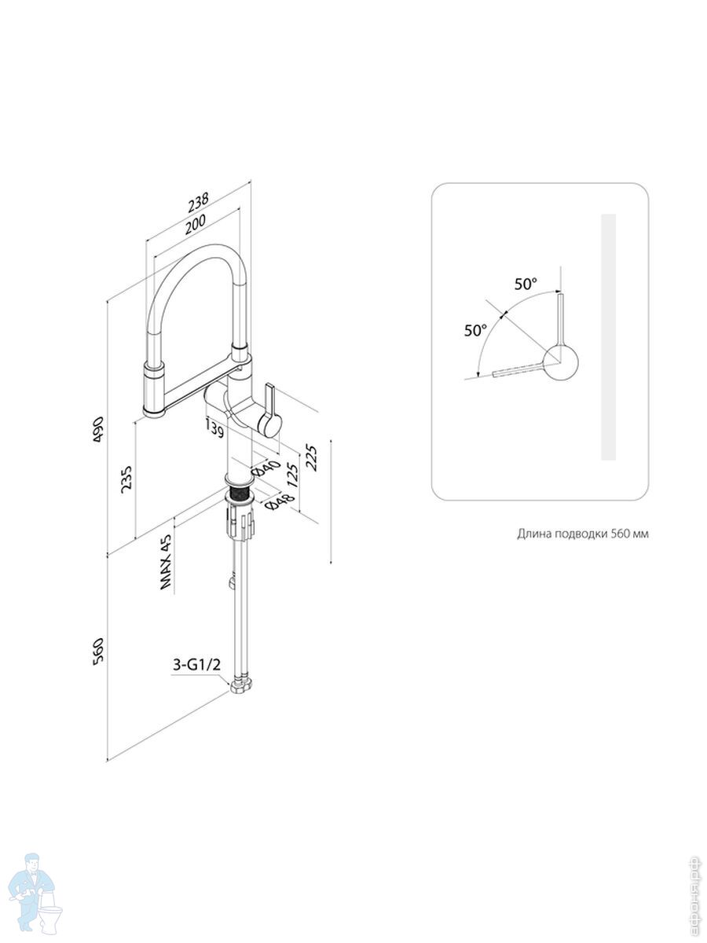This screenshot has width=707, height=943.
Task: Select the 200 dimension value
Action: pos(196,223)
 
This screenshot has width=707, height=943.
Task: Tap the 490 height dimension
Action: pos(98,429)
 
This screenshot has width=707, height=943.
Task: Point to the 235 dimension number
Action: pos(126,479)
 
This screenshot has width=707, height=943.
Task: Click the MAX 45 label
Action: pos(165,562)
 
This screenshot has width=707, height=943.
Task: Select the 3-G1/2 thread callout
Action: pos(196,665)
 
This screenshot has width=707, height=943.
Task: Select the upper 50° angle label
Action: pos(526,284)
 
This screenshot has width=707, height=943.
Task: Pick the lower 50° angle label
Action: pos(475,330)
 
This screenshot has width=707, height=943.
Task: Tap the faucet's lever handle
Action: pos(269,411)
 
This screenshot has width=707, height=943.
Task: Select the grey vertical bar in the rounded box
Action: pos(608,337)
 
